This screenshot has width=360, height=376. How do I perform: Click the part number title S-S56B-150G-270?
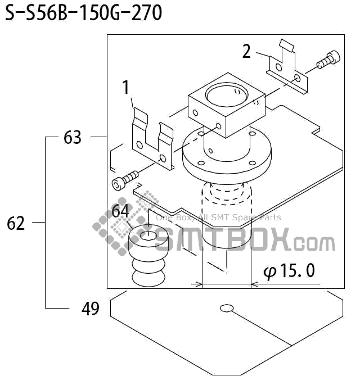[83, 13]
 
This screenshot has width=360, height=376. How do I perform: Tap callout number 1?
[126, 87]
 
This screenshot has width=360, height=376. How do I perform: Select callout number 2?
[246, 51]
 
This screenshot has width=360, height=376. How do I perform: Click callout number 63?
[73, 137]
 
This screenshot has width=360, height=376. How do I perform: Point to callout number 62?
[16, 223]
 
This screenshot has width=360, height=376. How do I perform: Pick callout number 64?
[120, 211]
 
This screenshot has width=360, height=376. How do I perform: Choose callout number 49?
[90, 309]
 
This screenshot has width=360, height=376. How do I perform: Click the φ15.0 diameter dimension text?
[289, 271]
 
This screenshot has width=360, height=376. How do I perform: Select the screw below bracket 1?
[125, 180]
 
